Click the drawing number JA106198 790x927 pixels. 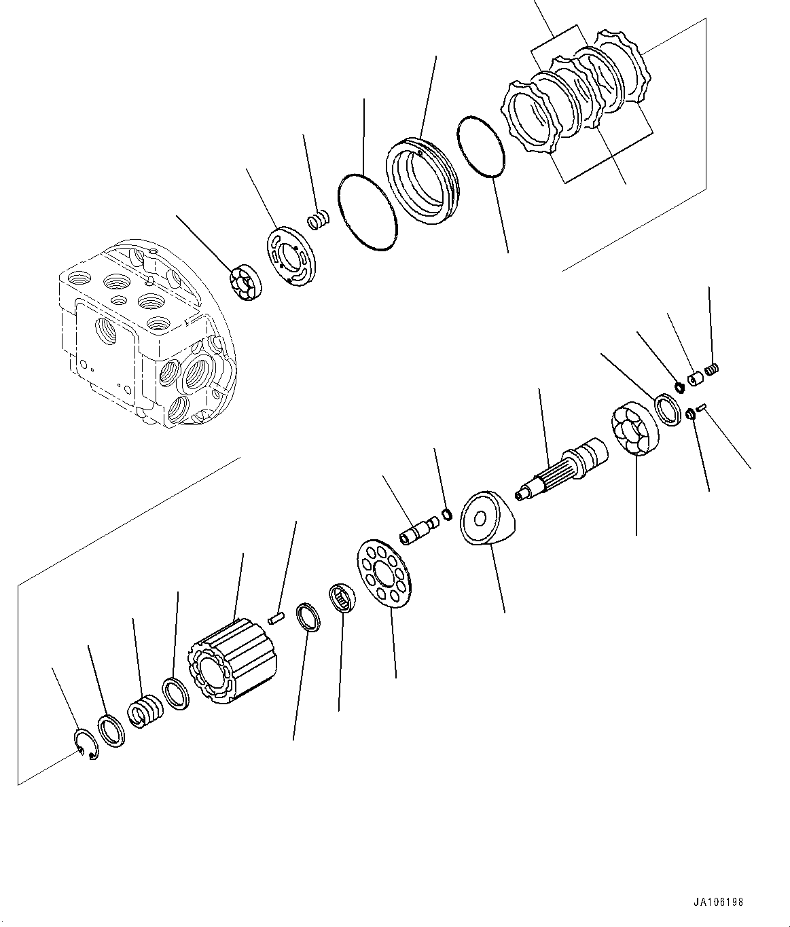point(719,903)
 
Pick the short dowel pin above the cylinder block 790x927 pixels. point(276,617)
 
